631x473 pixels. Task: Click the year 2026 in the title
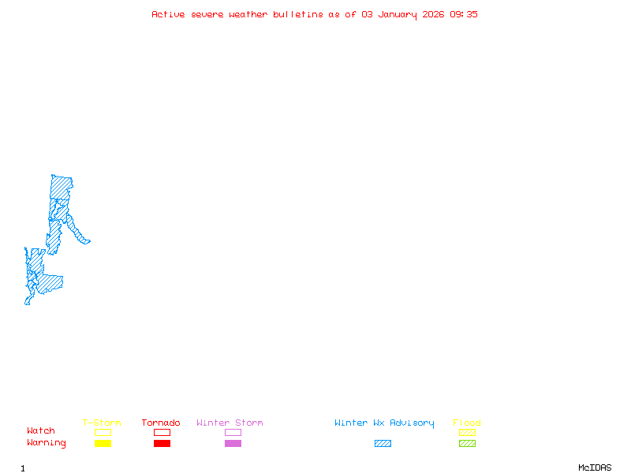point(433,14)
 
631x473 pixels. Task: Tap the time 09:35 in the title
point(464,14)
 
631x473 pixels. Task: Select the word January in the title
point(398,15)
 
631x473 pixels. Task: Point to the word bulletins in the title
point(298,14)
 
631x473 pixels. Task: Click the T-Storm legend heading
point(102,423)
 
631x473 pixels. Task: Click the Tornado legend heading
point(161,423)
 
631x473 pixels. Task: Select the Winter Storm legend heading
point(230,423)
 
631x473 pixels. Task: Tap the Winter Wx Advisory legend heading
point(384,423)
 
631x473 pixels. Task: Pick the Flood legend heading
point(467,423)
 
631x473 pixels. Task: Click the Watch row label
point(41,430)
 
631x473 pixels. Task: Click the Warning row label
point(47,443)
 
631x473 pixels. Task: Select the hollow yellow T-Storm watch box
point(103,432)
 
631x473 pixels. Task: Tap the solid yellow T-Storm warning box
point(103,443)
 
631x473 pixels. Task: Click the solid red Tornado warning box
point(162,443)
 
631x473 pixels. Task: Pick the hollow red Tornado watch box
point(162,432)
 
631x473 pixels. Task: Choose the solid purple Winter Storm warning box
point(233,443)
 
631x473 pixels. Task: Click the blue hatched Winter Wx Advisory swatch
point(383,443)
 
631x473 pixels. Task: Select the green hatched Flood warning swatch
point(467,443)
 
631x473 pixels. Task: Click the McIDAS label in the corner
point(595,467)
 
